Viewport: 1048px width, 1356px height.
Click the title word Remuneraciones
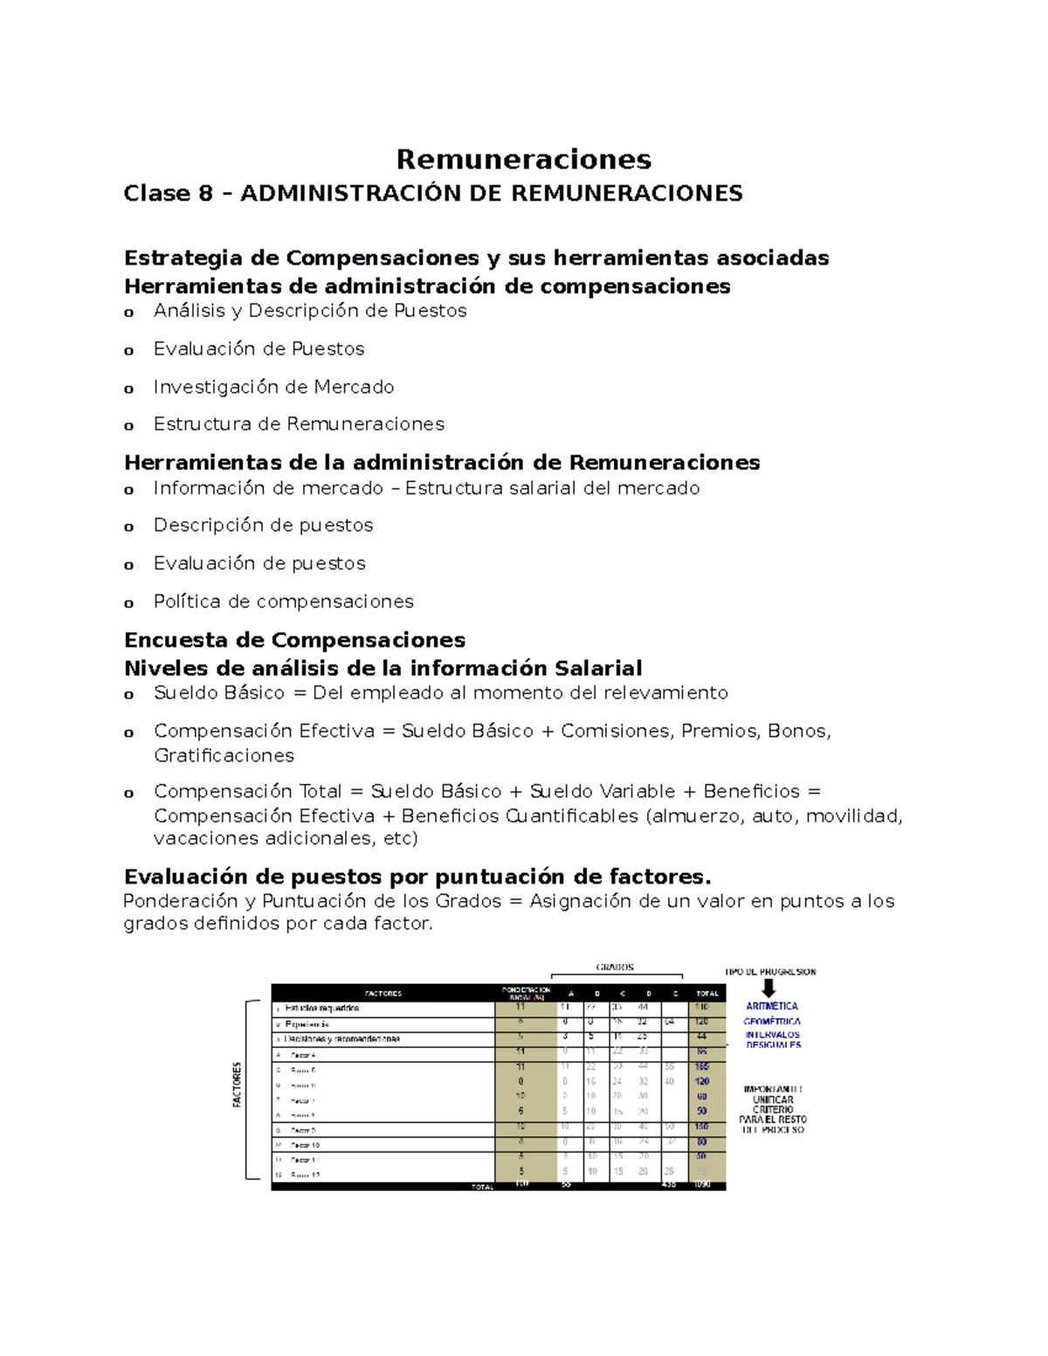(523, 159)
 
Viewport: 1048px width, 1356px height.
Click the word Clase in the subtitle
(155, 193)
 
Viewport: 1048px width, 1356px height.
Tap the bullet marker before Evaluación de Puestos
(129, 351)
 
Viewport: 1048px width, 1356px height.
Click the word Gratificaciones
(224, 755)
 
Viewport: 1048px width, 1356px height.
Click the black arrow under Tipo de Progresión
(769, 988)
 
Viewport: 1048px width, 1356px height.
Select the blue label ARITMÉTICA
(772, 1007)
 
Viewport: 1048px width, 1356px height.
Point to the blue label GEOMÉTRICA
(772, 1021)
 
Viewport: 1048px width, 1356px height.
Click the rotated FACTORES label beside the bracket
(237, 1085)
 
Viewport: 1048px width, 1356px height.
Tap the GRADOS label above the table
(615, 967)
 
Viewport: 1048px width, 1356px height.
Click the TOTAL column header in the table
(707, 994)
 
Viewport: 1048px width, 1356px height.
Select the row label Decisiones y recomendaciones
(341, 1039)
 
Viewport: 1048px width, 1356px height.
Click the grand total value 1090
(703, 1185)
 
